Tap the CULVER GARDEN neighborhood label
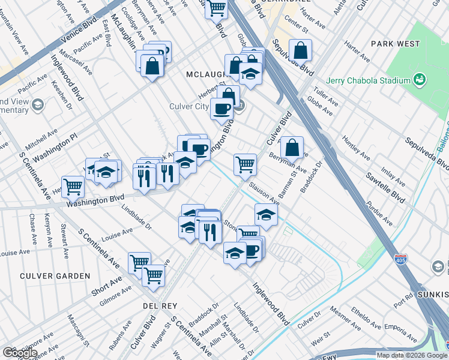(x=55, y=276)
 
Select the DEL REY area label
(x=159, y=305)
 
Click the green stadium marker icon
(x=420, y=80)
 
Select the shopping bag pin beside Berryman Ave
(x=291, y=147)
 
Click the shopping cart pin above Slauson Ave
(x=245, y=164)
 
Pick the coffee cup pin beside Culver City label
(x=221, y=109)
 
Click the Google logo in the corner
(x=19, y=353)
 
